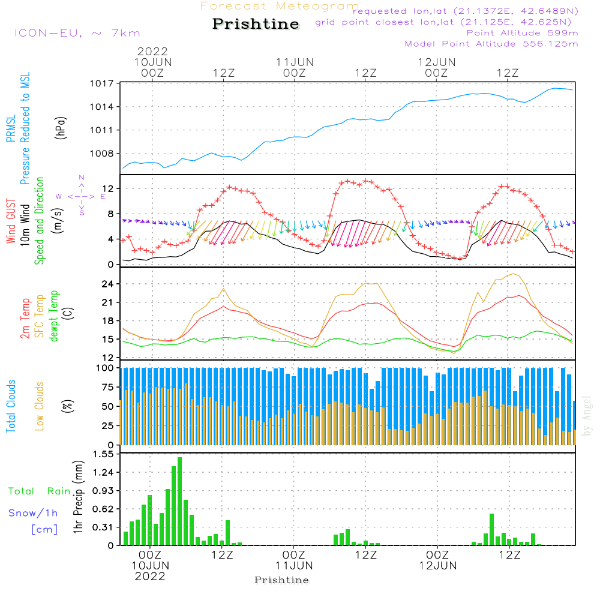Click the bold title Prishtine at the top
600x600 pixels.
tap(256, 24)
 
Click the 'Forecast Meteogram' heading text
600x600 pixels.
tap(280, 6)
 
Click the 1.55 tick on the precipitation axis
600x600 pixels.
tap(103, 455)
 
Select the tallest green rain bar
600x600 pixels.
tap(180, 501)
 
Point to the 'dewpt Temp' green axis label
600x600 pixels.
tap(55, 316)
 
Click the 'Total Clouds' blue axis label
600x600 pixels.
tap(11, 406)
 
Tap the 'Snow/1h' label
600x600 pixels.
tap(34, 513)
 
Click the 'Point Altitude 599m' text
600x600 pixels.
tap(522, 32)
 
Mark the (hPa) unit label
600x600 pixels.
tap(61, 127)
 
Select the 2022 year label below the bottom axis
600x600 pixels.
tap(150, 577)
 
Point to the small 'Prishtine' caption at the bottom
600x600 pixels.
tap(281, 580)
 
